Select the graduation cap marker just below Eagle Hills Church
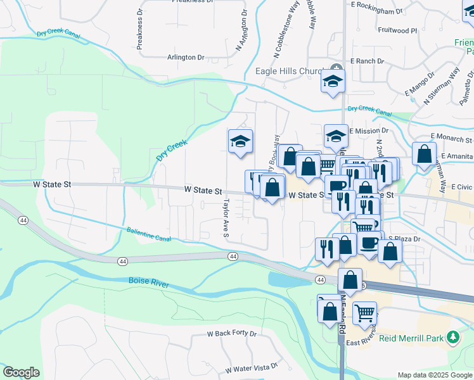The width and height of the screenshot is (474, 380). [x=333, y=83]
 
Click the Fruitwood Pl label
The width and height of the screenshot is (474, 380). [x=397, y=30]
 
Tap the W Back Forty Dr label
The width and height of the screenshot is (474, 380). [x=232, y=333]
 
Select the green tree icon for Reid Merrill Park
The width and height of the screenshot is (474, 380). [x=452, y=338]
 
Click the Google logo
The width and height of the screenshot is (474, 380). [x=21, y=372]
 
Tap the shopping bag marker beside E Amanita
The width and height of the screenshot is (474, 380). [x=423, y=155]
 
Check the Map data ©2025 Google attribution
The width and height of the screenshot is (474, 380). [x=434, y=375]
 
